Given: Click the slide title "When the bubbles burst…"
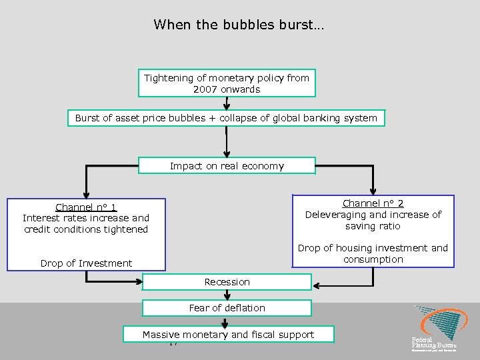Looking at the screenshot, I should click(x=239, y=25).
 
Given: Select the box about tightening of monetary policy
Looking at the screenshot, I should click(x=227, y=83).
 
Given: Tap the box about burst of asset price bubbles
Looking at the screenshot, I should click(x=226, y=118).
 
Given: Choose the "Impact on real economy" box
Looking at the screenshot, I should click(x=227, y=166).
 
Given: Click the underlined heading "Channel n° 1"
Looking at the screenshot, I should click(x=86, y=207).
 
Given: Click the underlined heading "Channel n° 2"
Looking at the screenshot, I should click(x=373, y=203).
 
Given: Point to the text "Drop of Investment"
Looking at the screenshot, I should click(x=86, y=263).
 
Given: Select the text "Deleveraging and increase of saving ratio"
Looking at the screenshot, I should click(x=373, y=220).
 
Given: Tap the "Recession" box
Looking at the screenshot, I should click(x=227, y=282).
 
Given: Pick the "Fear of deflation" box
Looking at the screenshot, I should click(x=227, y=308).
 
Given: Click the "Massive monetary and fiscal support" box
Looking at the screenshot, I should click(x=228, y=335).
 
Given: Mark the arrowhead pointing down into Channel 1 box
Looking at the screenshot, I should click(x=86, y=194).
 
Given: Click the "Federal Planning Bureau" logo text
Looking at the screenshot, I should click(x=434, y=343).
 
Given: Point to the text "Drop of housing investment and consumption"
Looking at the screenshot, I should click(x=373, y=253).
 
